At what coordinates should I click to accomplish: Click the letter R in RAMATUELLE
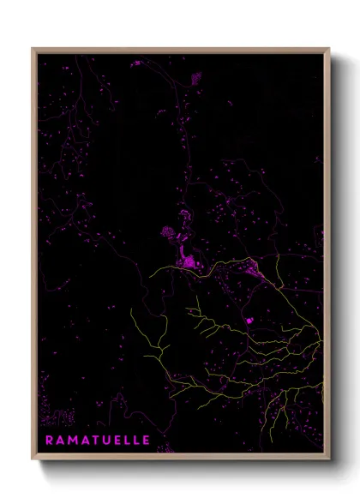[x=48, y=440]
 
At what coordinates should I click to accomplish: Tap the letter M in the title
[x=71, y=440]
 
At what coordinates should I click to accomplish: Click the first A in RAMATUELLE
[x=59, y=440]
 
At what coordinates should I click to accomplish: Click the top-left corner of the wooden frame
[x=33, y=49]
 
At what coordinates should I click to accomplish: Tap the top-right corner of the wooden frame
[x=329, y=49]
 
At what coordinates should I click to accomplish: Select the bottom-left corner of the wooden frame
[x=33, y=460]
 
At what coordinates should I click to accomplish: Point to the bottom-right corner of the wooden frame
[x=329, y=460]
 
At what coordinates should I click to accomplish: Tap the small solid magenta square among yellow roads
[x=249, y=321]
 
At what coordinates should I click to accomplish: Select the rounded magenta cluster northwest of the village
[x=167, y=231]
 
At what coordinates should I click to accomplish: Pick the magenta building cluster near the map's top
[x=195, y=77]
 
